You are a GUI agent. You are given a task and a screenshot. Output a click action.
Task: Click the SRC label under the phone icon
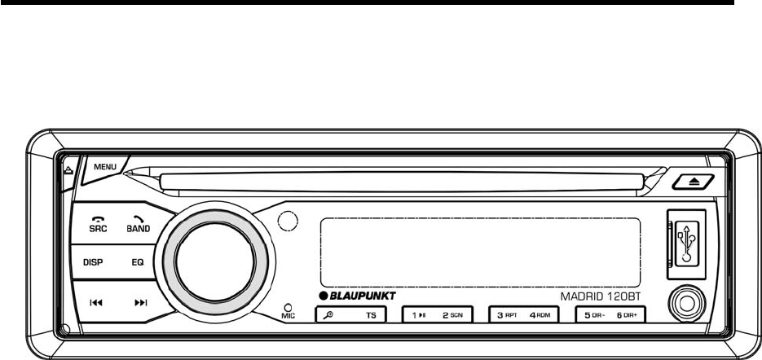tap(98, 229)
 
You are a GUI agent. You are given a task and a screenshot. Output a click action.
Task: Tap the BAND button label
tap(138, 229)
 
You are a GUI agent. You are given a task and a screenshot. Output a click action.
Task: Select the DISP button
tap(93, 263)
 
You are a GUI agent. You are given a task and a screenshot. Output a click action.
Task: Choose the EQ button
tap(138, 263)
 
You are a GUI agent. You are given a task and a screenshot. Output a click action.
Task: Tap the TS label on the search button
tap(371, 314)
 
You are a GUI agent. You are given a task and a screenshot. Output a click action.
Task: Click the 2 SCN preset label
tap(452, 314)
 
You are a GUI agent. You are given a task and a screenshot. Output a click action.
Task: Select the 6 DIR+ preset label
tap(629, 314)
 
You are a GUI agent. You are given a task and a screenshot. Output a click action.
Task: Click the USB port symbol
tap(687, 238)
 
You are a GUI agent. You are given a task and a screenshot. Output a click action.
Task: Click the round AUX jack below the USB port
tap(685, 306)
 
